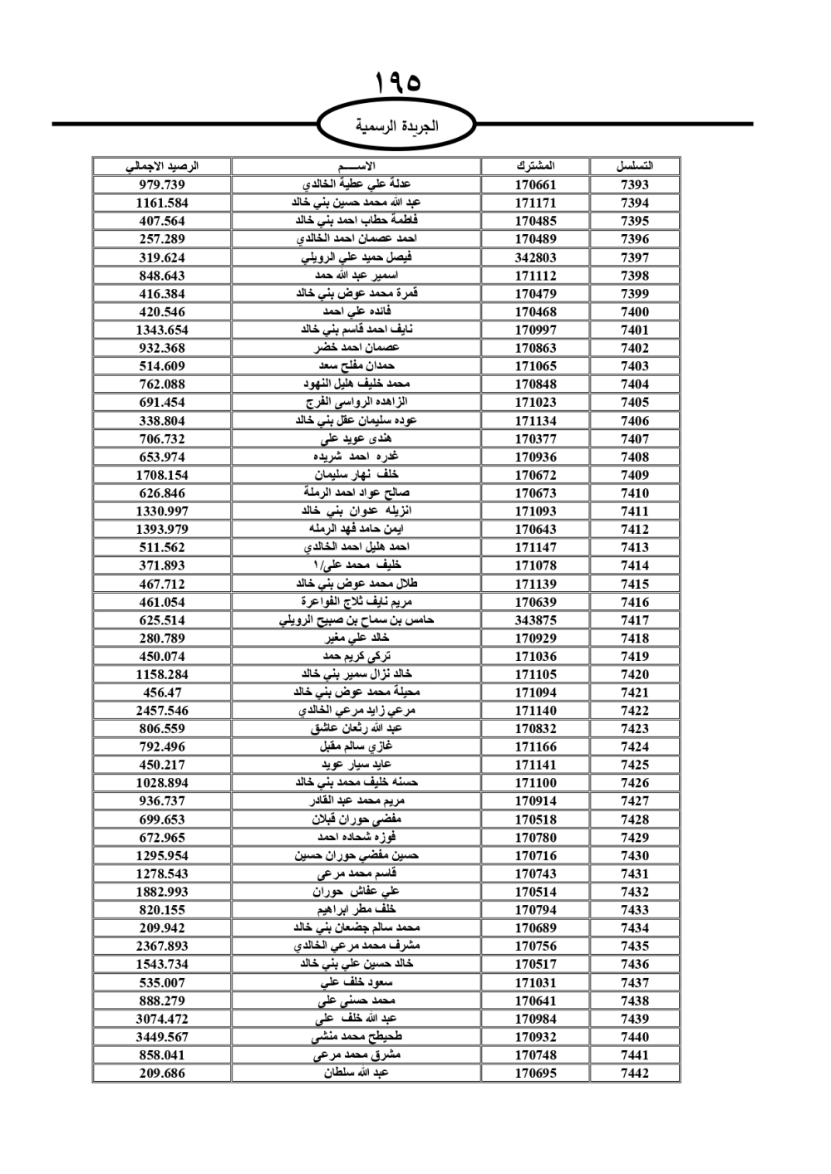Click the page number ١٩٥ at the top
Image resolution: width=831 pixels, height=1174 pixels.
397,83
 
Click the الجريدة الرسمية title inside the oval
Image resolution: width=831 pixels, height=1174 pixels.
396,126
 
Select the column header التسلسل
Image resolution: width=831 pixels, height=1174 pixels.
634,166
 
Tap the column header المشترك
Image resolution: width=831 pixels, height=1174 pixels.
535,166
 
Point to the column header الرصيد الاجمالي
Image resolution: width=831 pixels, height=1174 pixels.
162,166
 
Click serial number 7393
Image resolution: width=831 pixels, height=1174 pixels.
634,185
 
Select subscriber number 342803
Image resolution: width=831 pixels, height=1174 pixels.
535,257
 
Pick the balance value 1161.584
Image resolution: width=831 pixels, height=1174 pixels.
162,203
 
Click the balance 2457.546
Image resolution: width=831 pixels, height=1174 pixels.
162,711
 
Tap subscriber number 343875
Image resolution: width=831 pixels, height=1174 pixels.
535,620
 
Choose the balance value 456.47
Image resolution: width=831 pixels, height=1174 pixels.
162,692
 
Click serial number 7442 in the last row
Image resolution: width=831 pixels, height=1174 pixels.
634,1073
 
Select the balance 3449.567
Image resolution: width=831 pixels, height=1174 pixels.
162,1037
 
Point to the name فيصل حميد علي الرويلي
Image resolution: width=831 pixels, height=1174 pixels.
356,257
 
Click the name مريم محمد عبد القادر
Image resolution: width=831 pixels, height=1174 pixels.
356,801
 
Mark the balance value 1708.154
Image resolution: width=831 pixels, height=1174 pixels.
162,475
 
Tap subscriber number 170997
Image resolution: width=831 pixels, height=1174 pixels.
535,330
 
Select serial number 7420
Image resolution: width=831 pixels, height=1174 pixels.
634,674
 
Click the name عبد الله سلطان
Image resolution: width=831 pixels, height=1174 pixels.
356,1073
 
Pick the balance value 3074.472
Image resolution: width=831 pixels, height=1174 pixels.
162,1019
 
